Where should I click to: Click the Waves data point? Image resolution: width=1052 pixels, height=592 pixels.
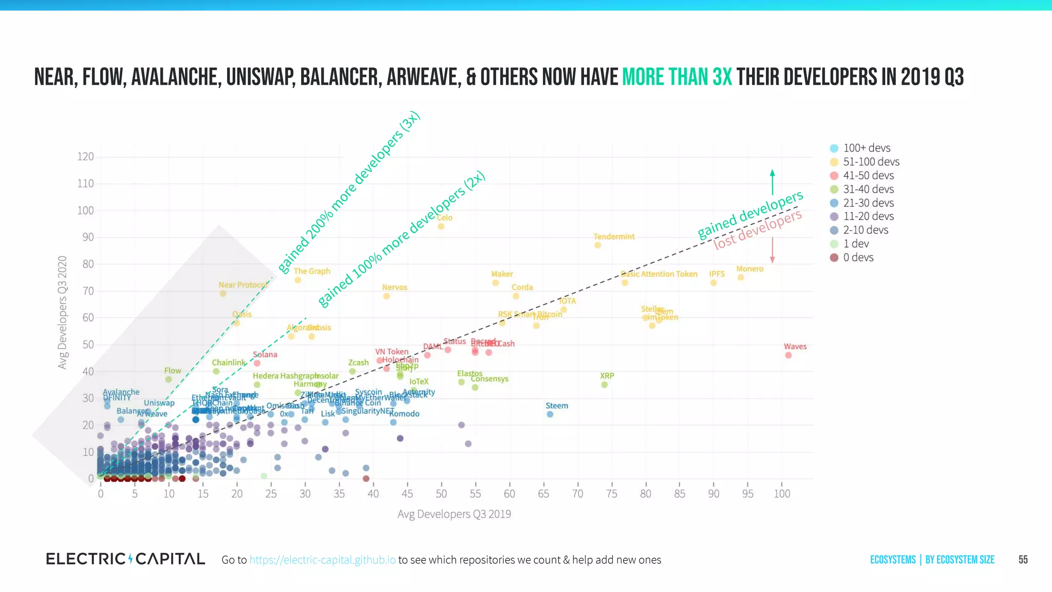[788, 355]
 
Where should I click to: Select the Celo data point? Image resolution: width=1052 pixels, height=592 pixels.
[441, 226]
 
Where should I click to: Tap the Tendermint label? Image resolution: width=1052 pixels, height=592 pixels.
[614, 236]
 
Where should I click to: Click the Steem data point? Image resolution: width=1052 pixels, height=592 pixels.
[550, 414]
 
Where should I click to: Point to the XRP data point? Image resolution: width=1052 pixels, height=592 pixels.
[604, 384]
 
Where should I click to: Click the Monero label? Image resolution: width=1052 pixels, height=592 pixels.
[749, 269]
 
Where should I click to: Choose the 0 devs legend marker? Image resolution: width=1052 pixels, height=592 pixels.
[834, 257]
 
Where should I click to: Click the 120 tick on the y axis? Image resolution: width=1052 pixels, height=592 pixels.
[85, 156]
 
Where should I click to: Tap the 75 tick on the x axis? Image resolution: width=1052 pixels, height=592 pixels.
[611, 493]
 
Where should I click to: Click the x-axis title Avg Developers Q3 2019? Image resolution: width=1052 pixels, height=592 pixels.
[454, 514]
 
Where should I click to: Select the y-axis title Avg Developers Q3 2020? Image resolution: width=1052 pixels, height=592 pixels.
[63, 312]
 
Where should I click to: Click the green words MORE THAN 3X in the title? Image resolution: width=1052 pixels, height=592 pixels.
[677, 77]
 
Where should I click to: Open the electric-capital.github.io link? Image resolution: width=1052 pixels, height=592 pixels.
[323, 560]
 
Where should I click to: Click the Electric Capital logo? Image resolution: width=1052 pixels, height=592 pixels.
[125, 559]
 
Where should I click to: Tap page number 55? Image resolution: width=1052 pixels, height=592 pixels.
[1023, 560]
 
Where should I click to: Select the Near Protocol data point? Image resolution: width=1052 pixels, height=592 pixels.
[223, 293]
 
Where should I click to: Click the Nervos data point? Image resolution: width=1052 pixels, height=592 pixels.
[386, 296]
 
